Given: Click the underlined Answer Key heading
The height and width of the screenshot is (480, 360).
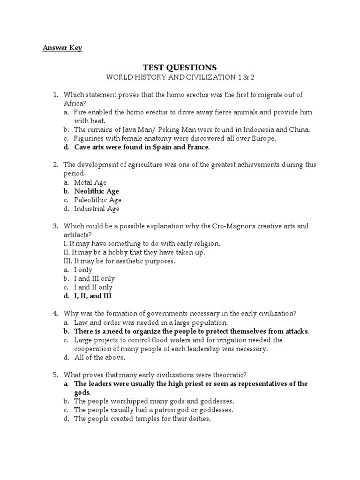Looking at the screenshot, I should point(62,48).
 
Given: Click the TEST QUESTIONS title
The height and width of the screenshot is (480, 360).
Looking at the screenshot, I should point(180,67).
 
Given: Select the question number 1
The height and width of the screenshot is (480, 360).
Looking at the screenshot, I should point(55,95).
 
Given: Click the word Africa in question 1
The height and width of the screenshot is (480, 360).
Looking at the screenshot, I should point(73,103).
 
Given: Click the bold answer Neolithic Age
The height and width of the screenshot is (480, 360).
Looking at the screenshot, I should point(97,191).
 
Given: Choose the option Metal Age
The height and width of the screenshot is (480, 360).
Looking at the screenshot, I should point(90,182).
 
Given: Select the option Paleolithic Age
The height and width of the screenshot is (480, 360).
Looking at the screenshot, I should point(97,200).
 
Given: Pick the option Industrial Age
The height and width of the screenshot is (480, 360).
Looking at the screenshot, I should point(97,209).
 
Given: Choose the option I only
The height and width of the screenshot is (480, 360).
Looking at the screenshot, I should point(83,270).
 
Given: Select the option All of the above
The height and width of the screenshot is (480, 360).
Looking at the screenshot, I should point(100,357).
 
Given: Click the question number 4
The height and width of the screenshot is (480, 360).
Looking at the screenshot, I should point(55,313).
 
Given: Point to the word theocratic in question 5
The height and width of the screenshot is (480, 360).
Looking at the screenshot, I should point(229,375).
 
